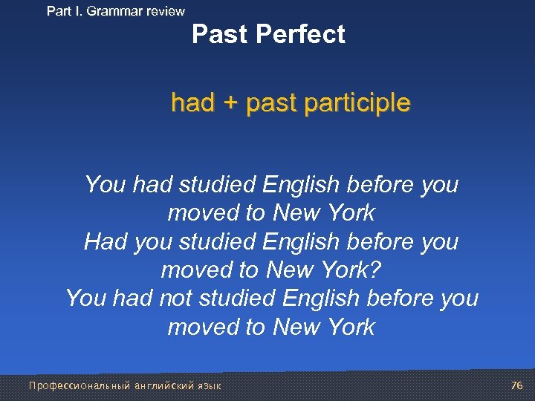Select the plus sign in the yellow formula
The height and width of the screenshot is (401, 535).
click(x=230, y=102)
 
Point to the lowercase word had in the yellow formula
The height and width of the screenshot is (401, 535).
click(x=192, y=102)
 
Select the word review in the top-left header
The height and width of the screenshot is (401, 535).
click(x=163, y=11)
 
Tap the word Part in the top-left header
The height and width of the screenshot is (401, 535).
click(x=60, y=11)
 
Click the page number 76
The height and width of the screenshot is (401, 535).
click(x=517, y=385)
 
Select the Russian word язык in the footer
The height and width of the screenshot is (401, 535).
click(x=209, y=385)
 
